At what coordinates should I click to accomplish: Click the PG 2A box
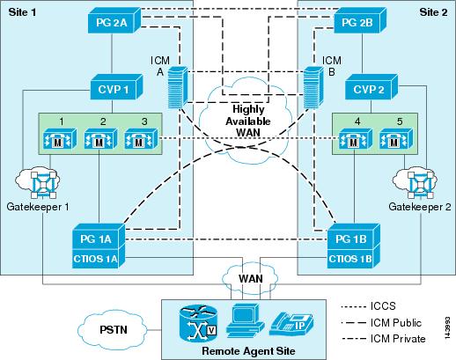point(114,19)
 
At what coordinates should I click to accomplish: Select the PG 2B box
point(360,20)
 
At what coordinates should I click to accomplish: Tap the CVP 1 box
point(116,86)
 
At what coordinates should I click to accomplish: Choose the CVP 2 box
point(371,87)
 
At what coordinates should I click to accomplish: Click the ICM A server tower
point(178,87)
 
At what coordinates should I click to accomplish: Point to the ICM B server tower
point(313,87)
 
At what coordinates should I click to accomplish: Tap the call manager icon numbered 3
point(141,139)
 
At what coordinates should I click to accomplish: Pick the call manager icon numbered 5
point(396,139)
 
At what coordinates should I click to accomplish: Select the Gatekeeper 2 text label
point(420,207)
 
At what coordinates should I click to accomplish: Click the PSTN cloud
point(113,330)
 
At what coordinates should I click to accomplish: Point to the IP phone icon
point(291,324)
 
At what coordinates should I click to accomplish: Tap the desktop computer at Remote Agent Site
point(245,321)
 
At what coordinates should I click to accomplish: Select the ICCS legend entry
point(368,306)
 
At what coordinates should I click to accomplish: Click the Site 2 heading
point(434,12)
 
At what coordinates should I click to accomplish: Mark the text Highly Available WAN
point(248,121)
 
